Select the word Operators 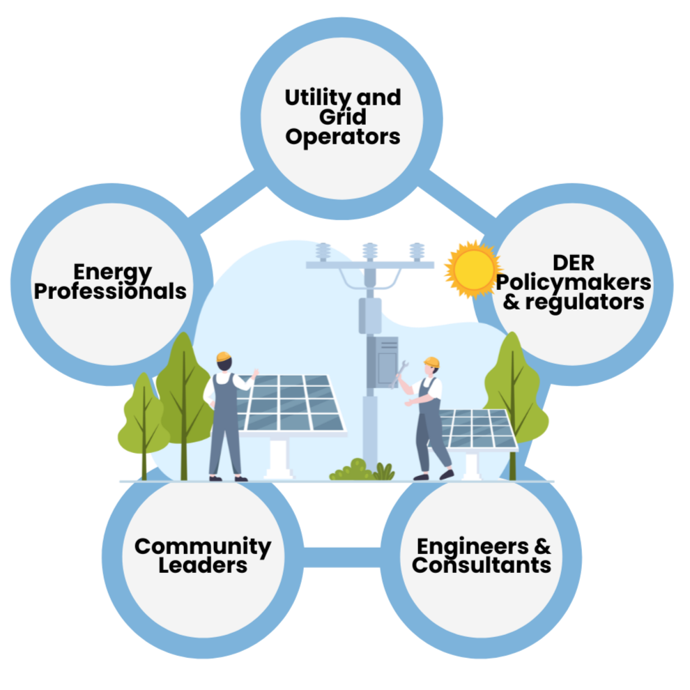[343, 137]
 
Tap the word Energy [112, 271]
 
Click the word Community [203, 546]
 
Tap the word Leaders [203, 565]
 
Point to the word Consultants [482, 565]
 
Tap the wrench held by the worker [401, 375]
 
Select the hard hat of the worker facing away [224, 357]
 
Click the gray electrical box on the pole [383, 362]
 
